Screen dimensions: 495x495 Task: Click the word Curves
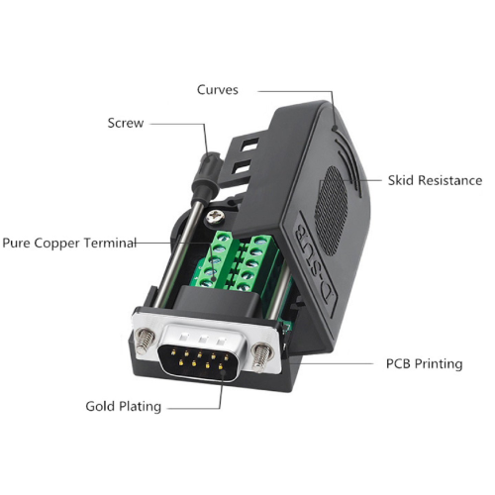pyautogui.click(x=218, y=90)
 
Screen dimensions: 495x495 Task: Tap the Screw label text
pyautogui.click(x=126, y=123)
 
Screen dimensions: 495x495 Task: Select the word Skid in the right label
pyautogui.click(x=399, y=180)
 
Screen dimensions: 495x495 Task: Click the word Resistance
pyautogui.click(x=447, y=180)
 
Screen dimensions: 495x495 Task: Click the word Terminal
pyautogui.click(x=110, y=243)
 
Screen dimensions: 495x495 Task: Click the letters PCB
pyautogui.click(x=398, y=363)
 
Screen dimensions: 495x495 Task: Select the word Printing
pyautogui.click(x=439, y=364)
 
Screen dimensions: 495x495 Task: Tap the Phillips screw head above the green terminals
pyautogui.click(x=216, y=217)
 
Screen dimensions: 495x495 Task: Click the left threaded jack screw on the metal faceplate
pyautogui.click(x=146, y=342)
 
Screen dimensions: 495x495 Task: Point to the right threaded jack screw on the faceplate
pyautogui.click(x=262, y=356)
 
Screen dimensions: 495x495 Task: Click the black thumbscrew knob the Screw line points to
pyautogui.click(x=207, y=174)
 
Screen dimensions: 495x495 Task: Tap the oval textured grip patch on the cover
pyautogui.click(x=332, y=211)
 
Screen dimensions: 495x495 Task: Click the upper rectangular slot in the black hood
pyautogui.click(x=249, y=146)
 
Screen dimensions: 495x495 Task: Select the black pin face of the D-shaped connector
pyautogui.click(x=199, y=361)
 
